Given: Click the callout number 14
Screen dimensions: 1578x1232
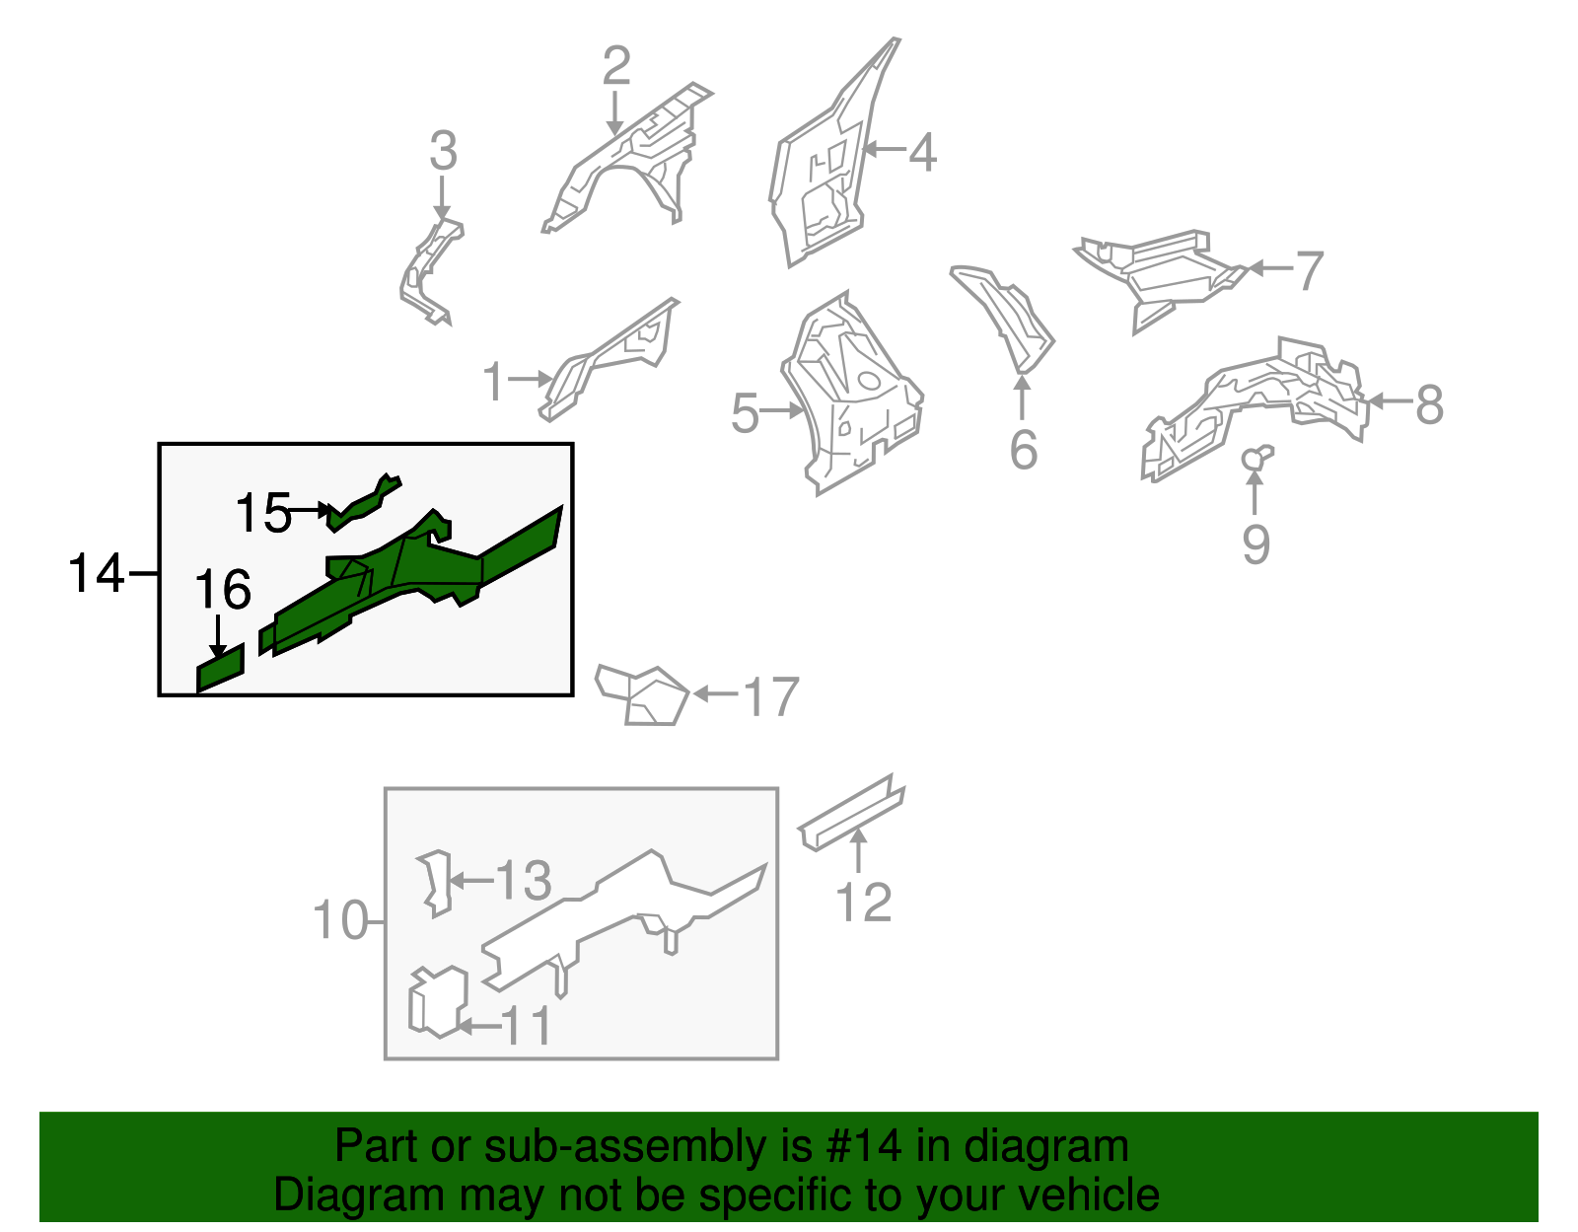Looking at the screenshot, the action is [x=97, y=573].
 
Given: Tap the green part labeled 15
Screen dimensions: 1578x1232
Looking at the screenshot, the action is [x=362, y=502].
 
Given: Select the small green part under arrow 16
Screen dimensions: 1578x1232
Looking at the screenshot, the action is [x=220, y=669].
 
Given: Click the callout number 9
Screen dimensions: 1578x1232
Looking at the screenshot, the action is [x=1255, y=544].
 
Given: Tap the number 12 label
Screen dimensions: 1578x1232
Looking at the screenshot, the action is [x=863, y=903].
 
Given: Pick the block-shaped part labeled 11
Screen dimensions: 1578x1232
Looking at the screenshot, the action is [x=438, y=1002].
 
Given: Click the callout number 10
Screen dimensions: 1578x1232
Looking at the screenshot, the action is [x=339, y=920].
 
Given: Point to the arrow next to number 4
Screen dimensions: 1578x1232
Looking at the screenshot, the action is [x=886, y=150].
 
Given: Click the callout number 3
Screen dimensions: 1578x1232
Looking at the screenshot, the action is [x=443, y=151].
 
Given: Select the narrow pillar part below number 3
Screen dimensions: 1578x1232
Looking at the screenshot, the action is [x=430, y=271].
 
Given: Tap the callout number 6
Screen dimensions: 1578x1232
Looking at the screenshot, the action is [x=1023, y=450].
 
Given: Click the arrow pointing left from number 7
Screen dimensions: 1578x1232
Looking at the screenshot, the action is [x=1271, y=268].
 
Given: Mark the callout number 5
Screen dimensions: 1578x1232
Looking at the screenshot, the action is [x=745, y=414].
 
